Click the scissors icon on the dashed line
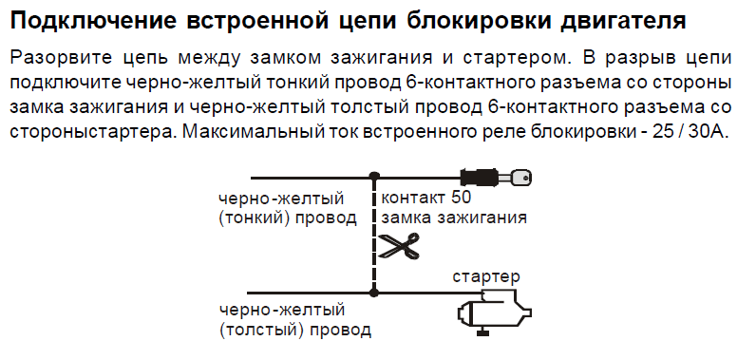[399, 246]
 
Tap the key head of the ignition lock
[520, 179]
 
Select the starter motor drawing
[494, 312]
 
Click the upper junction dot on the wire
[373, 178]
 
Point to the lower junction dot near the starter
[373, 293]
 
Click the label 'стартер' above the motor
[486, 277]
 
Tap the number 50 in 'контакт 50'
[462, 198]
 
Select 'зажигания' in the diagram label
[482, 218]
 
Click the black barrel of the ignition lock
[479, 178]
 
